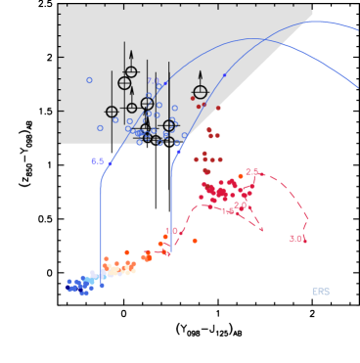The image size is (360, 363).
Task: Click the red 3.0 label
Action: coord(296,238)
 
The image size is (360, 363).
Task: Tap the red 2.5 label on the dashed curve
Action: coord(252,172)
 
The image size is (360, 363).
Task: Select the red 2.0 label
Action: coord(241,205)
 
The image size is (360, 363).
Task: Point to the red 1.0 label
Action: coord(172,231)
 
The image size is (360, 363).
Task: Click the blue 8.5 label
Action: coord(98,161)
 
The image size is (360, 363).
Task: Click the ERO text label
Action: coord(321,292)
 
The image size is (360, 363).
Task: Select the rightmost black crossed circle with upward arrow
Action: coord(201,93)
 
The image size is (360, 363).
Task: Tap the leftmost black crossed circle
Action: coord(112,112)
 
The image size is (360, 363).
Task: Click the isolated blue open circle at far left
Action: coord(89,80)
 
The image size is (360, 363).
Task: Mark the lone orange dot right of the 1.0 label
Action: coord(195,240)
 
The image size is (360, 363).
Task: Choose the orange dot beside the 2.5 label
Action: coord(241,176)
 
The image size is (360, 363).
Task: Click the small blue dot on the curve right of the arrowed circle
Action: coord(224,74)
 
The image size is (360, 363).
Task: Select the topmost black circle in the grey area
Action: coord(131,71)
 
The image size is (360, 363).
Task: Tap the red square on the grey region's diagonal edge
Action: coord(218,108)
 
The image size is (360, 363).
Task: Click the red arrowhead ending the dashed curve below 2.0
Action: coord(261,230)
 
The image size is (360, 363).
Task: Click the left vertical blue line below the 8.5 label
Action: coord(101,215)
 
